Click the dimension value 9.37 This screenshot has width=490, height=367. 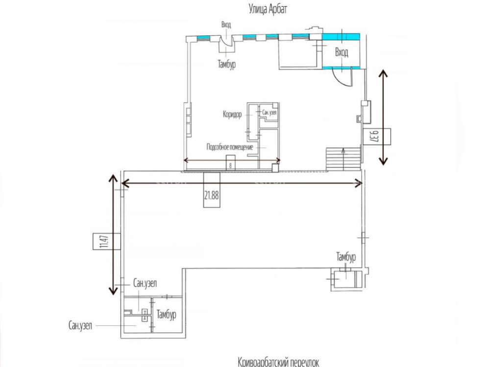(375, 136)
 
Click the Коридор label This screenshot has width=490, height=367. (232, 115)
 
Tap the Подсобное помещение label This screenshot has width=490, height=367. (229, 146)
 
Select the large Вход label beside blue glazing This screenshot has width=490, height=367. (342, 53)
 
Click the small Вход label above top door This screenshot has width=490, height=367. (226, 24)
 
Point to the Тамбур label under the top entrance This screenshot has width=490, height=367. (227, 63)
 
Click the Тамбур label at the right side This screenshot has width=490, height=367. (346, 257)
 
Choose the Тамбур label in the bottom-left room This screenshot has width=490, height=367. (166, 315)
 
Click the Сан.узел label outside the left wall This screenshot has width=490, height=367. (81, 325)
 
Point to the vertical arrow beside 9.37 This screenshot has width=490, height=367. (383, 116)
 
